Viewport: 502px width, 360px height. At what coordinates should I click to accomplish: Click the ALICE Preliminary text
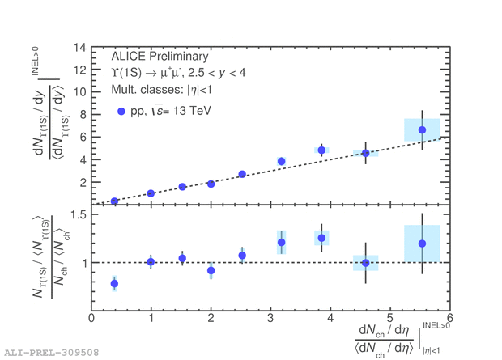point(160,57)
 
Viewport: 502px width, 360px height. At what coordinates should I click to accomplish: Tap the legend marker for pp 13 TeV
point(121,111)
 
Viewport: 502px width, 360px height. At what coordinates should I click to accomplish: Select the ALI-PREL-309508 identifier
point(51,353)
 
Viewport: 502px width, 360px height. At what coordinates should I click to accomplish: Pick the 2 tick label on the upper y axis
point(82,183)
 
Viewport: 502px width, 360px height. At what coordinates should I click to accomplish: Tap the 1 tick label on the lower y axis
point(82,263)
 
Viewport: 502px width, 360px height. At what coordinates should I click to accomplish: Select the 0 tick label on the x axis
point(91,319)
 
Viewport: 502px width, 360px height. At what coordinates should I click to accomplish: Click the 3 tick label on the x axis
point(270,319)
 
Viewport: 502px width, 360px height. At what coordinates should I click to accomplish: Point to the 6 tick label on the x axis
point(449,319)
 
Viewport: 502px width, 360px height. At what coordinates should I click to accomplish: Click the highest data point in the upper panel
point(422,130)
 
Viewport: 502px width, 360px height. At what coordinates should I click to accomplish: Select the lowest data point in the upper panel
point(114,201)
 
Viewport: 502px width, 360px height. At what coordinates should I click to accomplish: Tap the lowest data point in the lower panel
point(114,283)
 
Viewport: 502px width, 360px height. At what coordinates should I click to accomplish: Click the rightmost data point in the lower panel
point(422,244)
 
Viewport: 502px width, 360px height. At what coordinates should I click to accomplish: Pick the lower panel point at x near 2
point(211,270)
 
